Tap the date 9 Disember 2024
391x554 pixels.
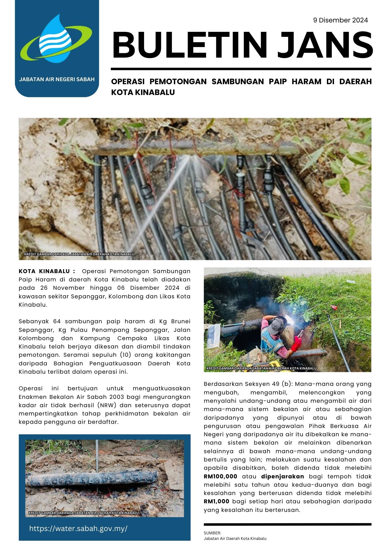click(340, 20)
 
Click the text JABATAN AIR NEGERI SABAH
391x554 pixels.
click(57, 79)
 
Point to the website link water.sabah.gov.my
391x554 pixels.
click(78, 528)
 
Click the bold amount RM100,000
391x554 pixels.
click(220, 476)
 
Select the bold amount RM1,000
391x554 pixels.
click(217, 501)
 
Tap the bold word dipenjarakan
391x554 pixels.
click(282, 476)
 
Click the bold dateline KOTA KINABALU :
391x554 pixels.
click(47, 271)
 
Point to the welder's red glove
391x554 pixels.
click(298, 343)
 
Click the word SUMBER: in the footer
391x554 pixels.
click(212, 533)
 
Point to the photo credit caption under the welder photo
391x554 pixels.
click(261, 368)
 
